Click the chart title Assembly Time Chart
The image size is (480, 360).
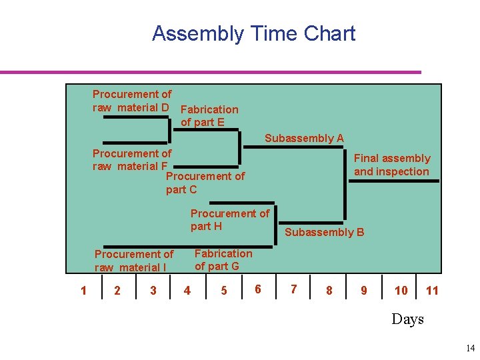click(x=253, y=33)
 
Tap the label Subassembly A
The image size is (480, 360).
click(x=304, y=139)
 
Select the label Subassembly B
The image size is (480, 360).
click(x=325, y=233)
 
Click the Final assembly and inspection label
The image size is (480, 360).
click(x=391, y=165)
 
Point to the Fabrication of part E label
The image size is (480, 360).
click(x=209, y=115)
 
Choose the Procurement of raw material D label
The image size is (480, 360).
click(x=132, y=101)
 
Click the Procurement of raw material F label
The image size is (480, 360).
click(x=131, y=159)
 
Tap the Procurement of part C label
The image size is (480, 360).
click(x=205, y=183)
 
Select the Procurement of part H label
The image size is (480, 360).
click(x=229, y=220)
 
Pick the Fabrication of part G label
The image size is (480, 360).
click(x=223, y=260)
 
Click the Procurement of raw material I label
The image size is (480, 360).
click(x=133, y=261)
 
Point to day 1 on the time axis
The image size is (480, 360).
click(x=83, y=290)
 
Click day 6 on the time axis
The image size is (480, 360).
click(x=257, y=289)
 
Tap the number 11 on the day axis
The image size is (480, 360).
click(x=432, y=290)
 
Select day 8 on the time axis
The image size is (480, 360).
click(x=329, y=291)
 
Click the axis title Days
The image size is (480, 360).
click(x=407, y=319)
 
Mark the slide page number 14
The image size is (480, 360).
click(x=471, y=348)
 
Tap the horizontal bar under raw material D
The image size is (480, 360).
click(x=137, y=117)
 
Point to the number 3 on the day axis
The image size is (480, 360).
click(x=153, y=291)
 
